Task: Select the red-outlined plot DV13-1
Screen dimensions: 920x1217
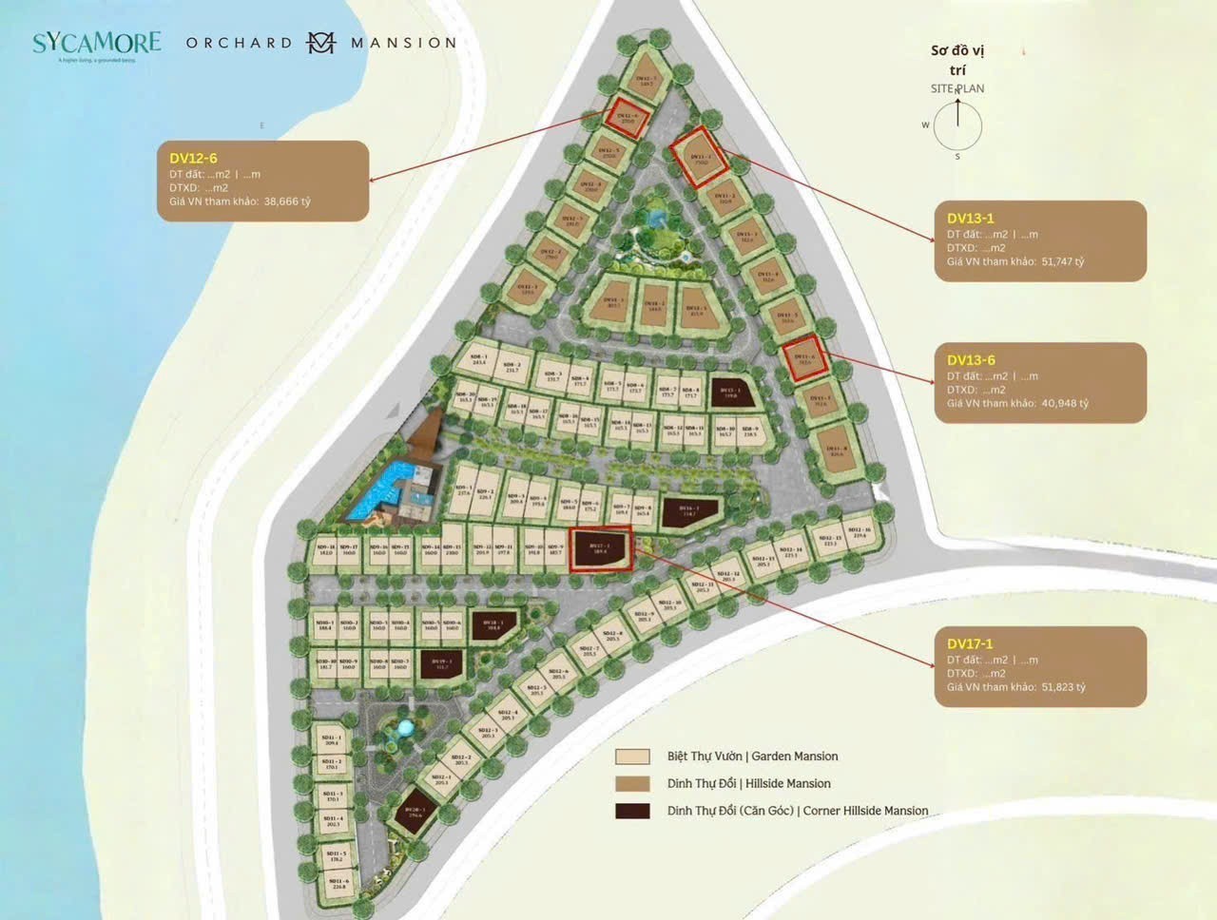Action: tap(701, 155)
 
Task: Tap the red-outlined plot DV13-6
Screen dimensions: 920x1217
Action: tap(804, 359)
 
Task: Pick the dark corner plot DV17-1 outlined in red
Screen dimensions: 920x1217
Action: tap(600, 548)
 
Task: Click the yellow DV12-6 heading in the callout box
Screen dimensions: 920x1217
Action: tap(193, 159)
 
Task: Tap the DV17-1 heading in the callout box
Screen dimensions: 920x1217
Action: tap(970, 643)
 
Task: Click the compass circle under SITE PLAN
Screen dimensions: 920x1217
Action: tap(956, 126)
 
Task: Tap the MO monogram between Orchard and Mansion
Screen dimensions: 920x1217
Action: tap(321, 43)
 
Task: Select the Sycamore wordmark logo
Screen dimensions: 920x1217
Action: tap(96, 43)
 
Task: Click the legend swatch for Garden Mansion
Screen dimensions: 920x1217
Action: tap(632, 757)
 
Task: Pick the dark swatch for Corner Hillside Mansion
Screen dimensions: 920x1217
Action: tap(632, 811)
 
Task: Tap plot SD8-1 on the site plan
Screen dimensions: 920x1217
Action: tap(479, 358)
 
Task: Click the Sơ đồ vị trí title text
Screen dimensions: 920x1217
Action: tap(957, 60)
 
